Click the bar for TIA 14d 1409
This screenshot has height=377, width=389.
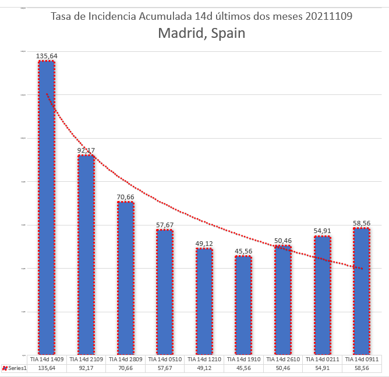(47, 207)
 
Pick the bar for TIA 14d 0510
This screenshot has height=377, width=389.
(165, 292)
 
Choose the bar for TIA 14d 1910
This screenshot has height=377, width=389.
(243, 305)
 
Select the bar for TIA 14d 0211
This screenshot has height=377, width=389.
(322, 295)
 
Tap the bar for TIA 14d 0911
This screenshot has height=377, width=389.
(362, 291)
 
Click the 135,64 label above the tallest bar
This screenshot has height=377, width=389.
(47, 56)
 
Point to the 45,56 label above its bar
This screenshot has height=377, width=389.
(243, 251)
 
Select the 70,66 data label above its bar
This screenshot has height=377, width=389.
(126, 197)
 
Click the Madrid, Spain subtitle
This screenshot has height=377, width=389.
(201, 33)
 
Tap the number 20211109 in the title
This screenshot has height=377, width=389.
(328, 16)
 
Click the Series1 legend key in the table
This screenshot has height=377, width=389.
(5, 368)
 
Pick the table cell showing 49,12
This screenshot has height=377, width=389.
(204, 368)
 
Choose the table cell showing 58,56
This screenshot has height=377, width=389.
(362, 368)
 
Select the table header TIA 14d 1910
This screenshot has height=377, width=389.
(243, 360)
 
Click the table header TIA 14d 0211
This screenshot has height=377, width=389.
(322, 360)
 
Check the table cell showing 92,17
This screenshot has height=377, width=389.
(86, 368)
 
